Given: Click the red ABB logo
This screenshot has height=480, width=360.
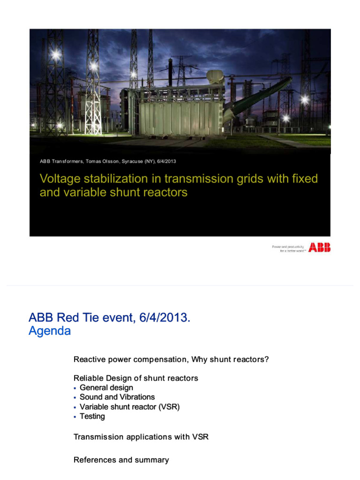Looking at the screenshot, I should (x=319, y=247).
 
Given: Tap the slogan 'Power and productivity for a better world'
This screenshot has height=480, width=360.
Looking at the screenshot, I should (x=289, y=248).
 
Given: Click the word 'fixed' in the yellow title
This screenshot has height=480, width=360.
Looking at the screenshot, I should (x=304, y=179).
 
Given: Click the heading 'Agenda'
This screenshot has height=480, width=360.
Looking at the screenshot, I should (x=50, y=331).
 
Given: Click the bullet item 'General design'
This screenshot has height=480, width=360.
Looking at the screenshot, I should (x=106, y=388).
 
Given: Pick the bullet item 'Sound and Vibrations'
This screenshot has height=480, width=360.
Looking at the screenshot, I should (x=117, y=397).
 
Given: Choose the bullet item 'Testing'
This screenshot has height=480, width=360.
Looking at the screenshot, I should (x=92, y=416).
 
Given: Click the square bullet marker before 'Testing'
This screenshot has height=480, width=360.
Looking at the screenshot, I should (x=75, y=417).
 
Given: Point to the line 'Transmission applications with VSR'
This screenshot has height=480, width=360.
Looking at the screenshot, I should (x=141, y=437).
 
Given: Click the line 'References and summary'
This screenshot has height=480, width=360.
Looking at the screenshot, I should (x=121, y=460).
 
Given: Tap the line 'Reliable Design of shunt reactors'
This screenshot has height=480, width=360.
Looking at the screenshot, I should (x=135, y=378).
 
